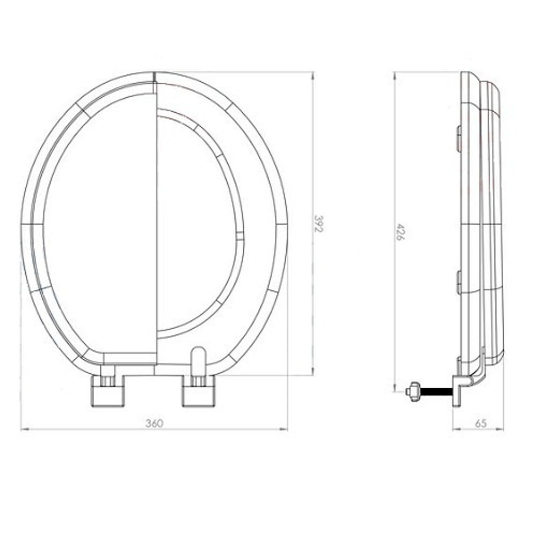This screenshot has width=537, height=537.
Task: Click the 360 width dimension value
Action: [x=154, y=423]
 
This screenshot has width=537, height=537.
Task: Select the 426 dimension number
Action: [x=400, y=231]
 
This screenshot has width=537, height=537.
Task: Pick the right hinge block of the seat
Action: [x=199, y=390]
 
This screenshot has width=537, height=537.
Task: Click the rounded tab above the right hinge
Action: [x=198, y=359]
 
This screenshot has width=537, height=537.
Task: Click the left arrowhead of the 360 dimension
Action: [x=23, y=430]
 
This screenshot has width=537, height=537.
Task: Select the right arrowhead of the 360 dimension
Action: [x=286, y=430]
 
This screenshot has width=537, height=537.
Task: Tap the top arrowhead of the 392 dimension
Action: [x=313, y=74]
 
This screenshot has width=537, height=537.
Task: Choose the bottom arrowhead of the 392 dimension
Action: [x=313, y=374]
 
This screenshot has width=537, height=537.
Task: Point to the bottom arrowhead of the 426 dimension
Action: [x=394, y=390]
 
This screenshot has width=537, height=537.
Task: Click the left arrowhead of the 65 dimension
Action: [x=454, y=430]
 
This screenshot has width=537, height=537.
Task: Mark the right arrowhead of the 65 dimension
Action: [x=502, y=430]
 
